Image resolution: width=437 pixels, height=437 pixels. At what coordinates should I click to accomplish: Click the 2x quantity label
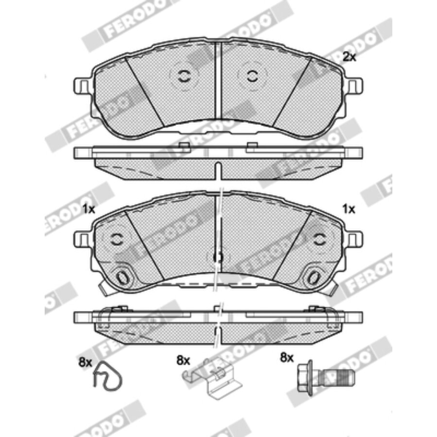click(x=349, y=57)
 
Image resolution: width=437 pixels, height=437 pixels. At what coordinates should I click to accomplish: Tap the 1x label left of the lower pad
click(x=89, y=209)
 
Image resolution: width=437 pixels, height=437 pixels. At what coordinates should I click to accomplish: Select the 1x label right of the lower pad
click(x=349, y=209)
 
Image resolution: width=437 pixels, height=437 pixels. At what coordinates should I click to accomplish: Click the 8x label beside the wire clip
click(x=85, y=362)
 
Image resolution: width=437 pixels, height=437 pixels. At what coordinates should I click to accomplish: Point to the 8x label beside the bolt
click(x=287, y=357)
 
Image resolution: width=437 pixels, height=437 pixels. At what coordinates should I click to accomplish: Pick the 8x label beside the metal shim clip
click(x=183, y=361)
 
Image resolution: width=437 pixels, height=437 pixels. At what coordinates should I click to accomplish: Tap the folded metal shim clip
click(x=212, y=379)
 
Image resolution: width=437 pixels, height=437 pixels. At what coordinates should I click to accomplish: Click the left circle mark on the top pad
click(x=184, y=76)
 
